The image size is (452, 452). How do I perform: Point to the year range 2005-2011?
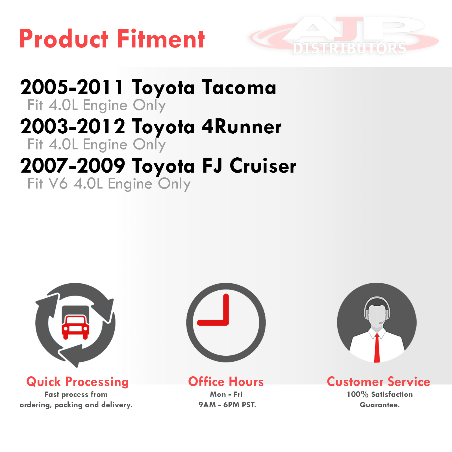click(72, 87)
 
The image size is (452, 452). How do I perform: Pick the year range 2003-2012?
click(73, 126)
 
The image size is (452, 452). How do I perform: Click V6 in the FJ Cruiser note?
click(58, 184)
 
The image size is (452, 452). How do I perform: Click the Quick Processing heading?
click(78, 382)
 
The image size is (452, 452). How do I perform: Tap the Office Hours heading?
click(226, 382)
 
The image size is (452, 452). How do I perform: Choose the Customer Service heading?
click(379, 382)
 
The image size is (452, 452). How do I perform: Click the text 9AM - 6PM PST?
click(227, 405)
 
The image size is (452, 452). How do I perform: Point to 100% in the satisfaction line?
click(358, 394)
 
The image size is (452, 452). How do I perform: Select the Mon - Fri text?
click(226, 394)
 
